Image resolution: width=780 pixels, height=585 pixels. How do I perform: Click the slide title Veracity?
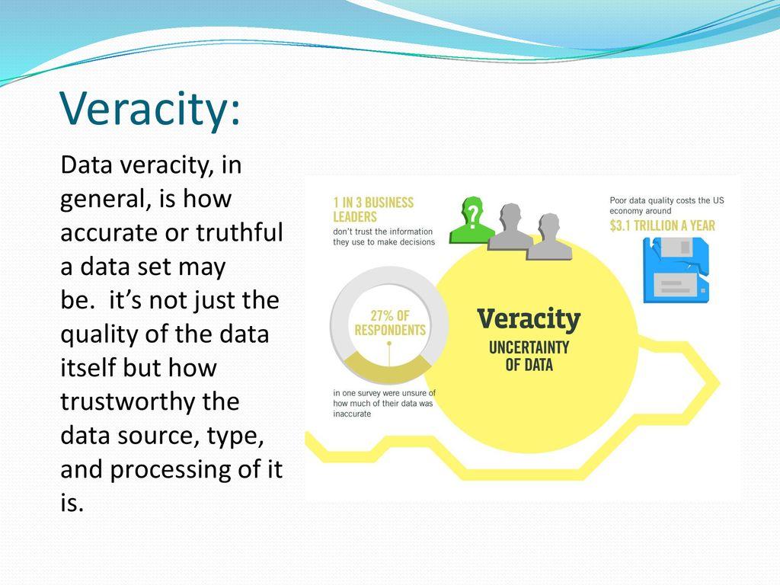click(150, 108)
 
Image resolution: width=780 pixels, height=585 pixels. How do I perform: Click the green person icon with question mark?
click(471, 220)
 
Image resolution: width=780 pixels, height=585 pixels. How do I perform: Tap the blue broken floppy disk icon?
click(676, 270)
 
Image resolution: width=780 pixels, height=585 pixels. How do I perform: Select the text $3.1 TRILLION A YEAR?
click(662, 225)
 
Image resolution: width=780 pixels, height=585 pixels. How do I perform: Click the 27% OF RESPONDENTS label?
click(390, 323)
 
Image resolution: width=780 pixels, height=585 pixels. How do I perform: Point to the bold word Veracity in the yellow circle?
click(529, 319)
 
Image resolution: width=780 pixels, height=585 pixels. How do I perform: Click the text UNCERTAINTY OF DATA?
click(529, 356)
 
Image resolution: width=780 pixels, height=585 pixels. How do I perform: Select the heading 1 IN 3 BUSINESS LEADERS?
click(373, 209)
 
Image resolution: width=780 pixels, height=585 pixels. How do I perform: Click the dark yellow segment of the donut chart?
click(388, 368)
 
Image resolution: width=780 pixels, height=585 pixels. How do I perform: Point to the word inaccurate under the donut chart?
click(352, 414)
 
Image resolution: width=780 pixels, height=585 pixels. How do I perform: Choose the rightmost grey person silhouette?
click(549, 237)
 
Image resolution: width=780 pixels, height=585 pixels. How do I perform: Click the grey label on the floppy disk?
click(672, 284)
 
